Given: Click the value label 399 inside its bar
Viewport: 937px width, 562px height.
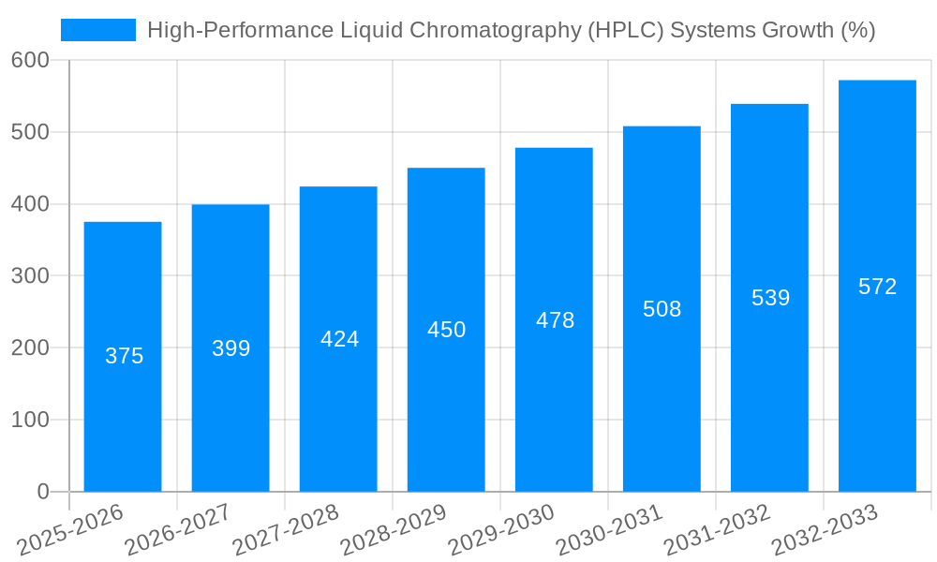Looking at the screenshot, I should click(x=231, y=348).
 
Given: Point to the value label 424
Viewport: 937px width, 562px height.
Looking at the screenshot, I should click(x=339, y=339).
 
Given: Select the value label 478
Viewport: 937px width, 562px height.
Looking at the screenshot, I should click(x=555, y=320).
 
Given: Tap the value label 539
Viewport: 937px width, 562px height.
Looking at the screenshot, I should click(x=770, y=298).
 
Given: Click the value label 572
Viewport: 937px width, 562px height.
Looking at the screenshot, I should click(x=877, y=287).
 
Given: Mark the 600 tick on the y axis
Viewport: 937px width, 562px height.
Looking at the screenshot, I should click(x=30, y=60).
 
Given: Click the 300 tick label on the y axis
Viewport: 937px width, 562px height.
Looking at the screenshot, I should click(x=30, y=276).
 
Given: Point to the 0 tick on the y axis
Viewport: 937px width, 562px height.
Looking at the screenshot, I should click(x=43, y=492).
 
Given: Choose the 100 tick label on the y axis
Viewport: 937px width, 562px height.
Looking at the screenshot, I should click(x=30, y=420).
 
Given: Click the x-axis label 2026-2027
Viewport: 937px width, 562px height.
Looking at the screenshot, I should click(x=178, y=529).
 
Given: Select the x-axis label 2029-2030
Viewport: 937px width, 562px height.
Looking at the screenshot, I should click(x=501, y=529).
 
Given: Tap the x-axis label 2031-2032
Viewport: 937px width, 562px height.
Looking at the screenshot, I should click(x=717, y=529).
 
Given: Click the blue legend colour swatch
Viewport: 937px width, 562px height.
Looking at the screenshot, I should click(x=98, y=30).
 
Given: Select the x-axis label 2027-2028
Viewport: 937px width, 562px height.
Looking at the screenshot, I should click(x=286, y=529).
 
